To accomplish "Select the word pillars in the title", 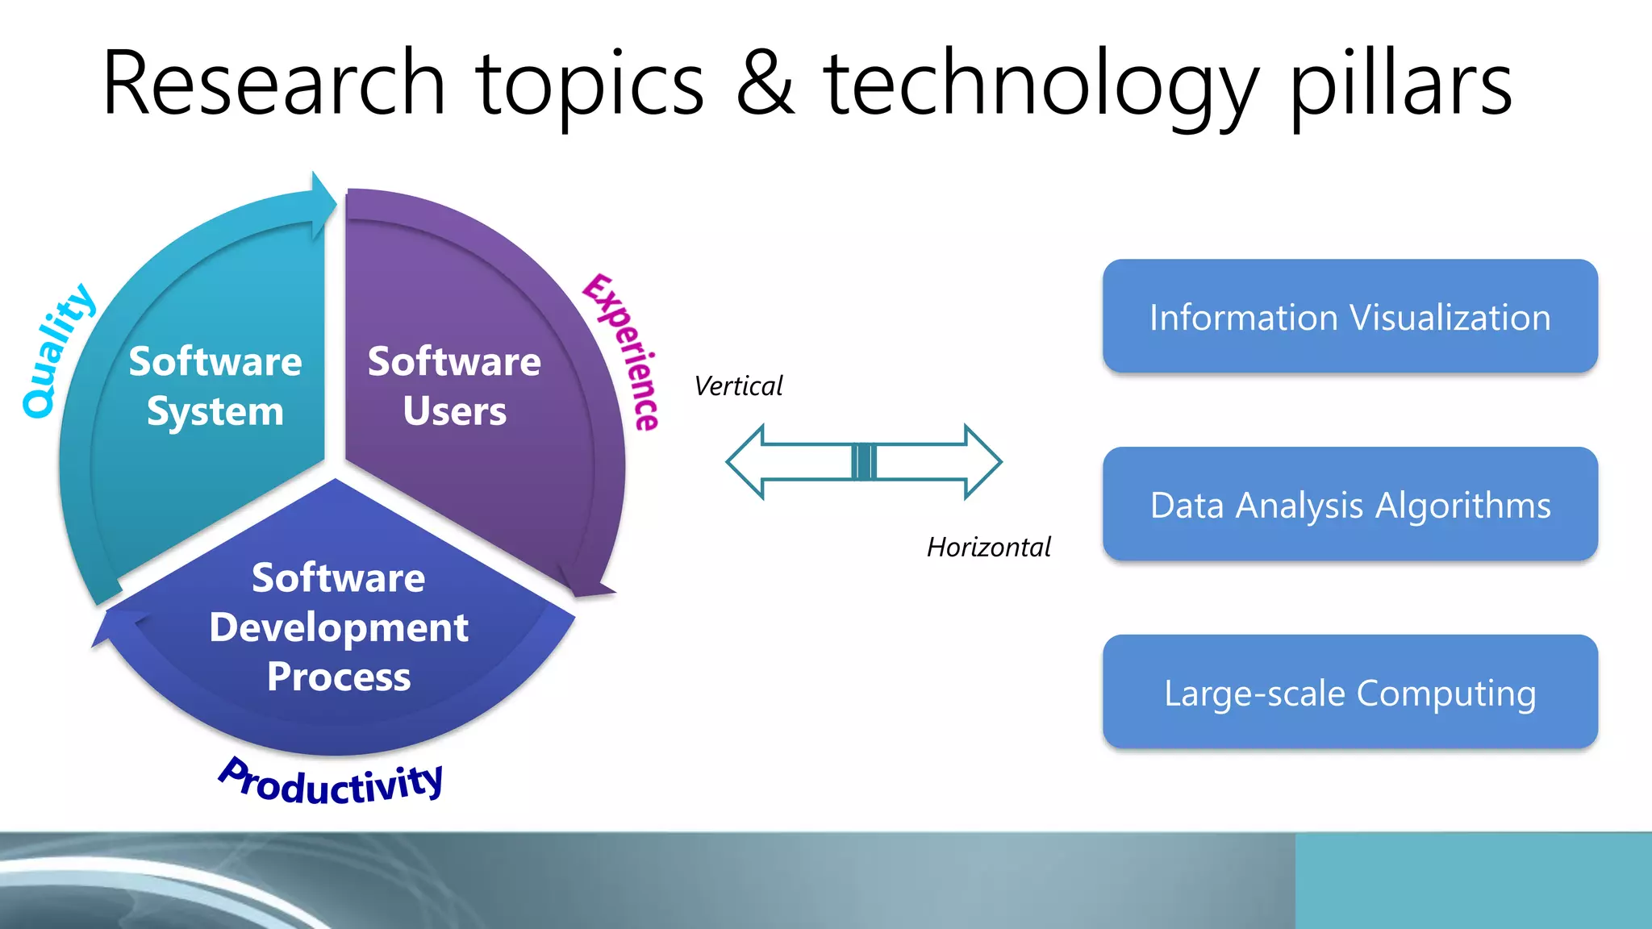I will point(1401,85).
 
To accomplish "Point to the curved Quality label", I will point(56,352).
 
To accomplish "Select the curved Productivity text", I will point(331,782).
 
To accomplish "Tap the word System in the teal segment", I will point(215,412).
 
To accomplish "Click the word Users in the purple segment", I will point(454,411).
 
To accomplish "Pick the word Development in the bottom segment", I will point(339,627).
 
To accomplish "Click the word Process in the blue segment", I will point(339,677).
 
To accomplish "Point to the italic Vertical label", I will point(738,386).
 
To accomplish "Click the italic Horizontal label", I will point(988,548).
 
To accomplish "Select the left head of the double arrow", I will point(745,462).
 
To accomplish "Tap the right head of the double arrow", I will point(982,462).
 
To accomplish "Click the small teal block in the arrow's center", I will point(864,462).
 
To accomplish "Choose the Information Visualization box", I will point(1350,316).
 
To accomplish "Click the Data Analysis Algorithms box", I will point(1350,504).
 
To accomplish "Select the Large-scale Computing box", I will point(1350,692).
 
